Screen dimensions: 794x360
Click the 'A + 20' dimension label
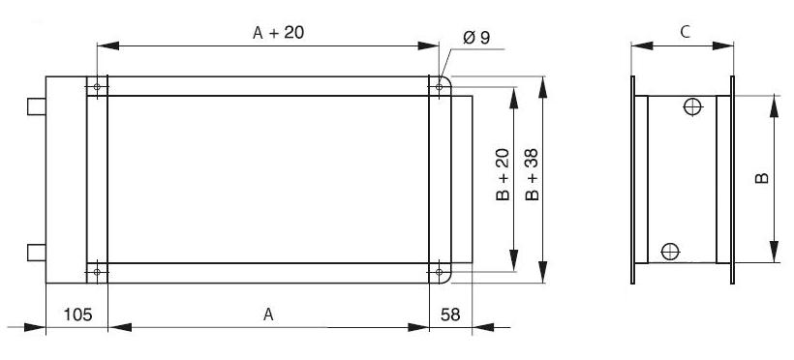pyautogui.click(x=279, y=33)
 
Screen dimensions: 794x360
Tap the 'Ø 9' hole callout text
pyautogui.click(x=476, y=38)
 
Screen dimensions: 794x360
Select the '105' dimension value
pyautogui.click(x=77, y=315)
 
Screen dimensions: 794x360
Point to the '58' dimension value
pyautogui.click(x=450, y=315)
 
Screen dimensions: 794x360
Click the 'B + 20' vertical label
pyautogui.click(x=503, y=175)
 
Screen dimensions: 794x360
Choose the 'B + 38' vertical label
pyautogui.click(x=533, y=175)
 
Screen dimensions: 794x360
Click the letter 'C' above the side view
pyautogui.click(x=685, y=32)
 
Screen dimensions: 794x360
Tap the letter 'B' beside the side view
pyautogui.click(x=762, y=178)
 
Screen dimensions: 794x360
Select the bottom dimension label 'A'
pyautogui.click(x=268, y=315)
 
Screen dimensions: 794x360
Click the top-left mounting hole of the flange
pyautogui.click(x=97, y=86)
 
